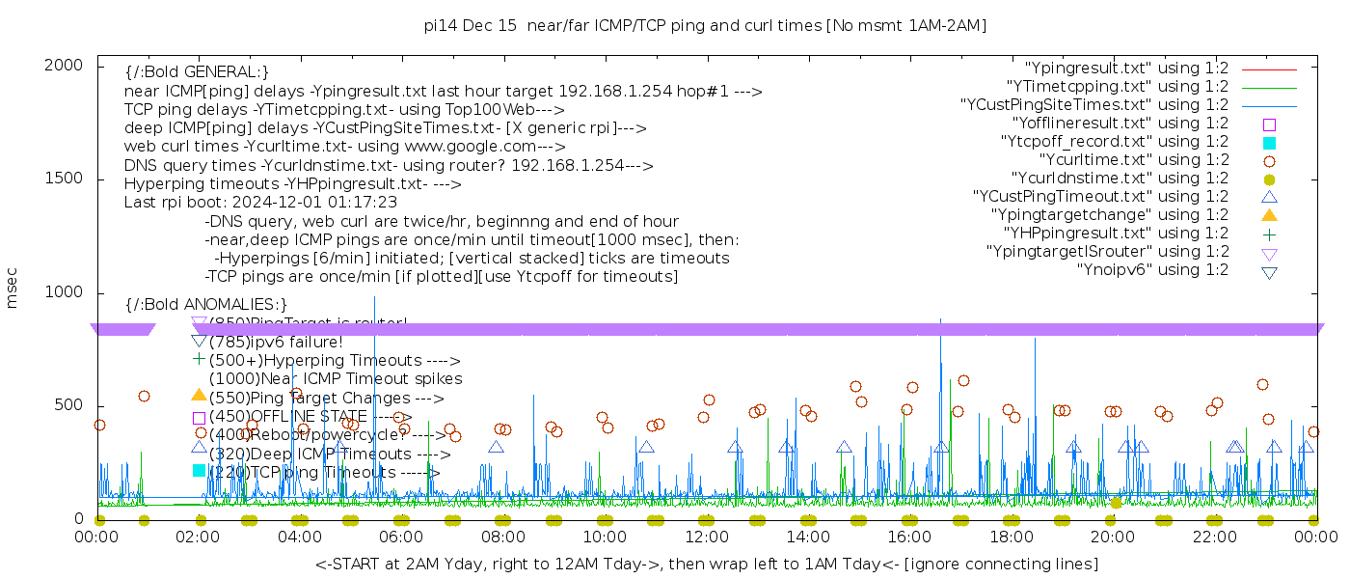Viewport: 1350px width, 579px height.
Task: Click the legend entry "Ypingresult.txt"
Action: (1126, 69)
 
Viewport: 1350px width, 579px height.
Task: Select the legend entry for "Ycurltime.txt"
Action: (1133, 160)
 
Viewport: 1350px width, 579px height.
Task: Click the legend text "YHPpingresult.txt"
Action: (1116, 234)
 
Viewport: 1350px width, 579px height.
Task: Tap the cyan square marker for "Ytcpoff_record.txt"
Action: (1269, 142)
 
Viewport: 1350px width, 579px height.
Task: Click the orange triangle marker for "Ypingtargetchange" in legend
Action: (1269, 215)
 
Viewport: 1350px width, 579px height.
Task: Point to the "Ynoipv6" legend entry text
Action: (1152, 270)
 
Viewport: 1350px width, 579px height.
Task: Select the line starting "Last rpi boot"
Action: (260, 203)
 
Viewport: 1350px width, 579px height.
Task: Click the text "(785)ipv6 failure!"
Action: (276, 342)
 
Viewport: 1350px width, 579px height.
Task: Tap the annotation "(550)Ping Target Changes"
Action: (326, 398)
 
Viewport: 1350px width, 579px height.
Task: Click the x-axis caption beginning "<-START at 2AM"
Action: (706, 564)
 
